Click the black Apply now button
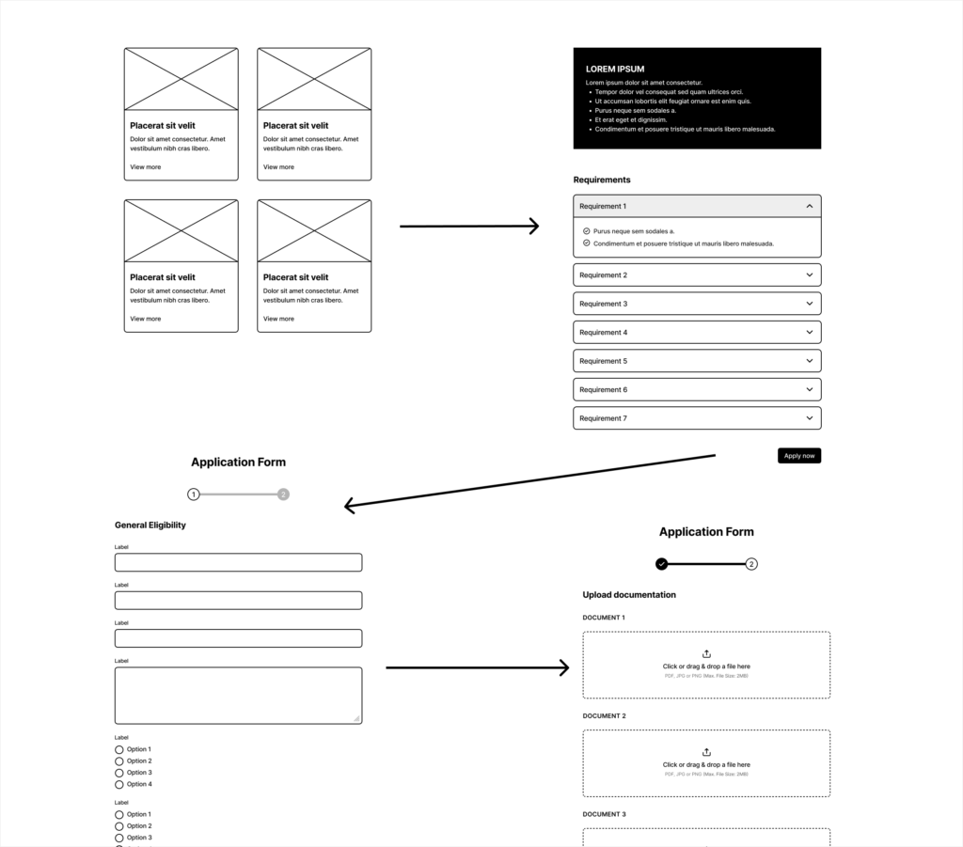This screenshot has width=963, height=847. click(798, 456)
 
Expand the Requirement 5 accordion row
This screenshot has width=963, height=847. click(697, 361)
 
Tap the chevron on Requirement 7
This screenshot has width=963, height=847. click(809, 418)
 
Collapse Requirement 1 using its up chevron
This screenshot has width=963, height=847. click(809, 206)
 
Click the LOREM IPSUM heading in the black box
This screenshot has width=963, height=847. click(615, 70)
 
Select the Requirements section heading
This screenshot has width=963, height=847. click(602, 180)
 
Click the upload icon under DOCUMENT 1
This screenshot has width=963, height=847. click(706, 654)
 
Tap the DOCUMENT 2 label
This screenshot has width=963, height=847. click(604, 716)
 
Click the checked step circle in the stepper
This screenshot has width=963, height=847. click(662, 564)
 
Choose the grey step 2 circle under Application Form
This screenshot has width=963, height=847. click(283, 494)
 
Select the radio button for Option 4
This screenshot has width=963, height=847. click(119, 784)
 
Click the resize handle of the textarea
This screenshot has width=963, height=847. click(356, 718)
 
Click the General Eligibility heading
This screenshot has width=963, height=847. click(150, 525)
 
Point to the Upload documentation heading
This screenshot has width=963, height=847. click(629, 595)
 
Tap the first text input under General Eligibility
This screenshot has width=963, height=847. click(238, 562)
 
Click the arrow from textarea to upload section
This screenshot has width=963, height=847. click(477, 667)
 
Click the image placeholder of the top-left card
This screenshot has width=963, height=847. click(182, 79)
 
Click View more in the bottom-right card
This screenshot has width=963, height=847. click(278, 319)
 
